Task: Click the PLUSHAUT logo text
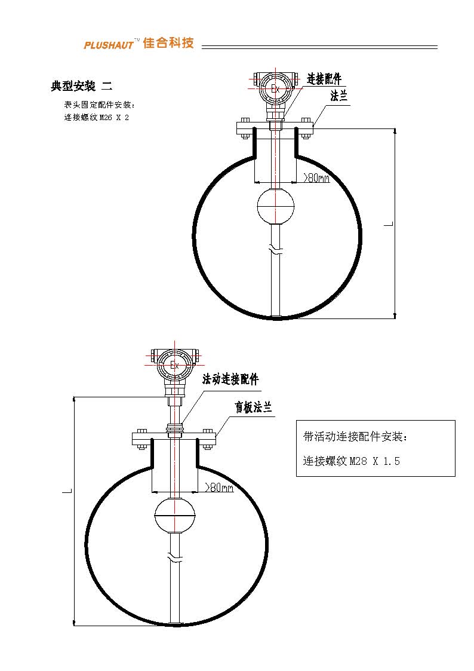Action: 109,44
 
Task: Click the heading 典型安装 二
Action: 82,86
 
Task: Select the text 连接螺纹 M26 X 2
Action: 96,117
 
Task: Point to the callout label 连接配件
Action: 324,79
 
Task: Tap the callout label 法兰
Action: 338,96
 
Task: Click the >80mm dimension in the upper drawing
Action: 316,177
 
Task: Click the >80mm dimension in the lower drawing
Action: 219,487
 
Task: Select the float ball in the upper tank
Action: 276,206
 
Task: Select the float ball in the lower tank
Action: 174,516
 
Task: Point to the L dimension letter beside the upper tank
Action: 389,223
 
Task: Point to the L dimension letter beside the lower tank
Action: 67,490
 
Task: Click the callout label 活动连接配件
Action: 230,379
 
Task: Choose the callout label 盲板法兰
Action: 253,407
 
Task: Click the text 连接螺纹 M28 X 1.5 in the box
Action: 352,461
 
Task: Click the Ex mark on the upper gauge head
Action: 275,89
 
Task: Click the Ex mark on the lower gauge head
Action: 174,366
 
